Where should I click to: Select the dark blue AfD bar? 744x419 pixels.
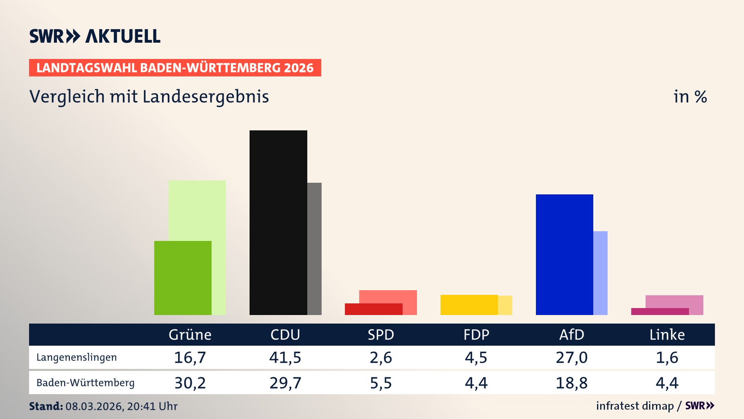564,255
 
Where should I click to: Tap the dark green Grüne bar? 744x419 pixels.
183,278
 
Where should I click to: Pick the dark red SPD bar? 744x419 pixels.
373,309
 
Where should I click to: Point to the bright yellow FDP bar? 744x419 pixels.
469,305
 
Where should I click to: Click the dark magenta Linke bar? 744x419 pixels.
660,312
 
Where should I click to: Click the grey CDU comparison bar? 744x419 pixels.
314,248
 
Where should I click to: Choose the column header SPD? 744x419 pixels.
381,335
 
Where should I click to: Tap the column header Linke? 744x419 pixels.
667,335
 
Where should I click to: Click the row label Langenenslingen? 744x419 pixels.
76,357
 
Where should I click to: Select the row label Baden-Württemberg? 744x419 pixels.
85,383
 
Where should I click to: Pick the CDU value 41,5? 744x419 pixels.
285,357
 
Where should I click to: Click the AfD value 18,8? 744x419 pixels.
572,383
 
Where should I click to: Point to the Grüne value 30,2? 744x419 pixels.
190,383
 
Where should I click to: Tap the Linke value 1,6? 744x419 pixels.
667,357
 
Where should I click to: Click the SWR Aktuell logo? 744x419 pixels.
95,36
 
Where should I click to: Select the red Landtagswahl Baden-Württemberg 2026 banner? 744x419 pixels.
175,68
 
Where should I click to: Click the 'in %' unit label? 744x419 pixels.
690,97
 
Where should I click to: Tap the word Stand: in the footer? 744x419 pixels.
46,406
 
